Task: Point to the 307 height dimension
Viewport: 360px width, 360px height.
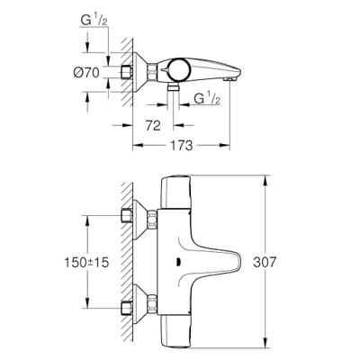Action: click(283, 262)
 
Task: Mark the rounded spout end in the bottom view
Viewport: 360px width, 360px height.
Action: click(236, 262)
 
